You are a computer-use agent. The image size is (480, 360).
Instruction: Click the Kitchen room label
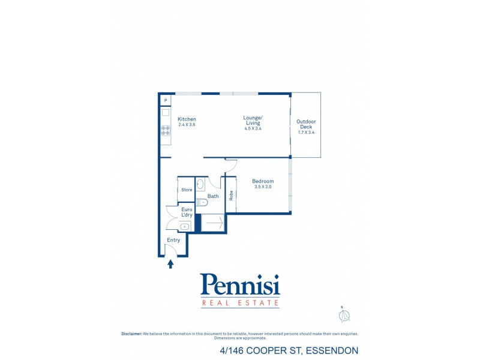[x=187, y=119]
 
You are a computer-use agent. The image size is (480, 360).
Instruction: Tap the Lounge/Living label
[x=253, y=119]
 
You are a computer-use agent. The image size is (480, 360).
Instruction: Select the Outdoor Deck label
[x=306, y=124]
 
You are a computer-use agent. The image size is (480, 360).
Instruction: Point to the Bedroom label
[x=263, y=181]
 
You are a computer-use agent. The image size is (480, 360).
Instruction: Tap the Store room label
[x=187, y=190]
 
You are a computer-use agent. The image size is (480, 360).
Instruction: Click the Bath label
[x=213, y=196]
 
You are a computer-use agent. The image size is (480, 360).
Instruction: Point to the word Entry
[x=173, y=240]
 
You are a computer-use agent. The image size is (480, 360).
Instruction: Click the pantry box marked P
[x=166, y=100]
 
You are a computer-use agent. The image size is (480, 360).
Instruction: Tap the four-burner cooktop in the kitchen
[x=166, y=130]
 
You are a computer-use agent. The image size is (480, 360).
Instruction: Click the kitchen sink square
[x=166, y=112]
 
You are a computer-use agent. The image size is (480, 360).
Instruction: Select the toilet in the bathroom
[x=202, y=202]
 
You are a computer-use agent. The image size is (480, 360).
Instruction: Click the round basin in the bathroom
[x=201, y=185]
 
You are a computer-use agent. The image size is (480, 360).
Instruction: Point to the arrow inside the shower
[x=214, y=223]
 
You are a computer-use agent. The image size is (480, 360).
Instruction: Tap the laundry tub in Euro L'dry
[x=186, y=226]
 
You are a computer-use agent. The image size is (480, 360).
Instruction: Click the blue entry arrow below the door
[x=170, y=263]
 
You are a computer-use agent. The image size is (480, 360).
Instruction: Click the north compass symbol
[x=344, y=316]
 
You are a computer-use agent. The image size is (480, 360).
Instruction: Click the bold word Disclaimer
[x=132, y=334]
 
